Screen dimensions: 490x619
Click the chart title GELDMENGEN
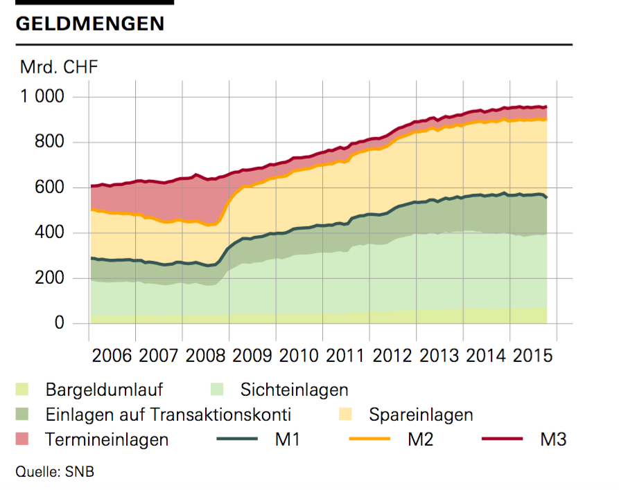(x=89, y=24)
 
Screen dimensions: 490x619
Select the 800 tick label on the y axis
(x=49, y=143)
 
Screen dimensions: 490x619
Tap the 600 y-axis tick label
(x=49, y=188)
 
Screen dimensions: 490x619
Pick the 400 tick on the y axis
(x=49, y=233)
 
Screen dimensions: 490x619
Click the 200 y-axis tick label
(x=49, y=278)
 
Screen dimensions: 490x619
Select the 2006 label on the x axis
(x=112, y=357)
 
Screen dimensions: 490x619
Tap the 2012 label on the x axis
(x=393, y=357)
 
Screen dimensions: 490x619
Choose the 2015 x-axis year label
(x=534, y=357)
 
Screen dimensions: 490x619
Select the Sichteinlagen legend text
(x=294, y=390)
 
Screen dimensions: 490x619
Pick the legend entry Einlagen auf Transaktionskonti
(x=168, y=415)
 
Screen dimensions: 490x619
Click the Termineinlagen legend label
(x=107, y=439)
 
